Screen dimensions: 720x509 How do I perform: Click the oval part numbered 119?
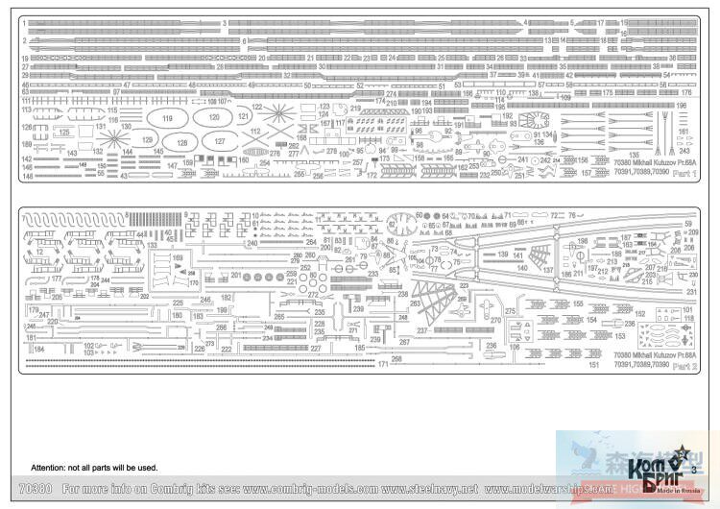[169, 119]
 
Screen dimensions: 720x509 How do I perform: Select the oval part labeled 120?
[212, 118]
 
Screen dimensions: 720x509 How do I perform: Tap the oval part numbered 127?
[220, 141]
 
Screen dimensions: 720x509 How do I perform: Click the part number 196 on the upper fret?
[682, 106]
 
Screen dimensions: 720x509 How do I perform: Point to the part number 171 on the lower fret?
[383, 365]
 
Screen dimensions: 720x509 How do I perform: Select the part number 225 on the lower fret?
[178, 303]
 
